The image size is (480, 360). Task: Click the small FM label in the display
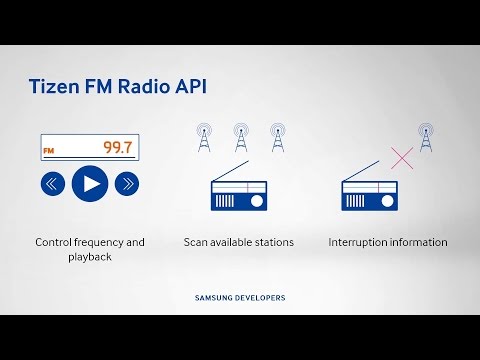pyautogui.click(x=47, y=151)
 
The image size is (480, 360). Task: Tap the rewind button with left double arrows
pyautogui.click(x=54, y=183)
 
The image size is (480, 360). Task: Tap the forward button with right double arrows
pyautogui.click(x=126, y=183)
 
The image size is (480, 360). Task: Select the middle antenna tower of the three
pyautogui.click(x=239, y=137)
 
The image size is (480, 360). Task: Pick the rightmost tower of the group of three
pyautogui.click(x=277, y=137)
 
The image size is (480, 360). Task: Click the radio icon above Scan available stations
pyautogui.click(x=239, y=193)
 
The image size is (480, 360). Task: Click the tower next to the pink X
pyautogui.click(x=426, y=138)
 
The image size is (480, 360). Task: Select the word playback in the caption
pyautogui.click(x=90, y=257)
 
